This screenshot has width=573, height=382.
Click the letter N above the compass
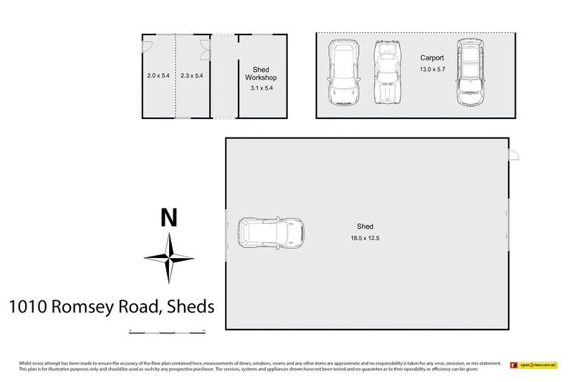[168, 217]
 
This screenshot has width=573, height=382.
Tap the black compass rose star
[169, 258]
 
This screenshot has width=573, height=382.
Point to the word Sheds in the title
[191, 307]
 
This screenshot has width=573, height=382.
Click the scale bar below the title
[167, 332]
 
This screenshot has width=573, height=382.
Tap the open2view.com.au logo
[533, 365]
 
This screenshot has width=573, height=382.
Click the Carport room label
[432, 58]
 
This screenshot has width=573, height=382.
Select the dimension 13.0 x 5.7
[432, 69]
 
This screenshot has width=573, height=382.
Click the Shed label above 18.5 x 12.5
[365, 226]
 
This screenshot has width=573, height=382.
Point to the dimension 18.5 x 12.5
[365, 238]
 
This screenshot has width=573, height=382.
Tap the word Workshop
[261, 77]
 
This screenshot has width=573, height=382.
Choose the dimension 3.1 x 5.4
[261, 88]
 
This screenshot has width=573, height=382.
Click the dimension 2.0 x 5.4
[158, 75]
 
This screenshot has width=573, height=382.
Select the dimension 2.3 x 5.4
[192, 75]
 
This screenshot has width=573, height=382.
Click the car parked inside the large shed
[271, 233]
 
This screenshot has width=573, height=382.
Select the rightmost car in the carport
[470, 72]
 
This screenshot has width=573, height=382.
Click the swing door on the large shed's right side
[514, 155]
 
